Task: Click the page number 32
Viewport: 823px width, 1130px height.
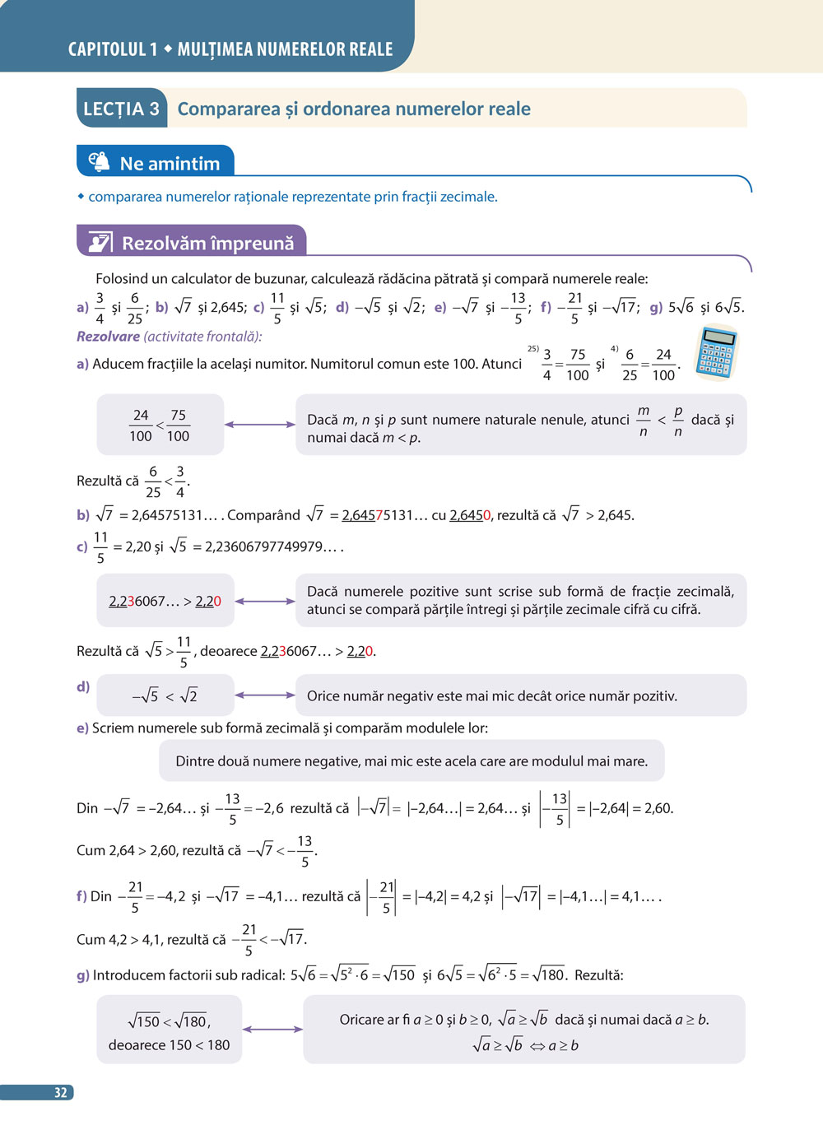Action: (60, 1093)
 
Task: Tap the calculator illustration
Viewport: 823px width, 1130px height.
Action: (715, 352)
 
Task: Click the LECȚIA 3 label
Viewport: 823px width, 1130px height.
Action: (121, 109)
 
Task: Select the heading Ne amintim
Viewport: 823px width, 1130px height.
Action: (170, 164)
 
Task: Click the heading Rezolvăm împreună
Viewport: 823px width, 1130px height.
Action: (207, 243)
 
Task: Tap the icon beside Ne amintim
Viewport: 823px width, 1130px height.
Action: (99, 161)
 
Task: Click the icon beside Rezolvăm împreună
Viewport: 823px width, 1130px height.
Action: (100, 242)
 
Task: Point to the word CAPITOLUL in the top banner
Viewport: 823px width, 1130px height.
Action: (107, 49)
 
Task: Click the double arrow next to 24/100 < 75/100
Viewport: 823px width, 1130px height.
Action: (259, 425)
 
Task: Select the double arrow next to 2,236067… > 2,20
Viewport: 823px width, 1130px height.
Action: (264, 602)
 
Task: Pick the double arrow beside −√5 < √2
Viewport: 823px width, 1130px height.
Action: (264, 695)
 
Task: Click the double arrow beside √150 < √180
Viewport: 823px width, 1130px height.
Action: (272, 1030)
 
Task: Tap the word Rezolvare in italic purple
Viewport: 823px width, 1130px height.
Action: (108, 336)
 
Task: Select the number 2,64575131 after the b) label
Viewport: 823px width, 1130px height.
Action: (167, 515)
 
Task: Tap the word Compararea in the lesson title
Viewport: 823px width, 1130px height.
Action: (229, 109)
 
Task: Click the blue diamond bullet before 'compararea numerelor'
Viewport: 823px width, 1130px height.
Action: (81, 197)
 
